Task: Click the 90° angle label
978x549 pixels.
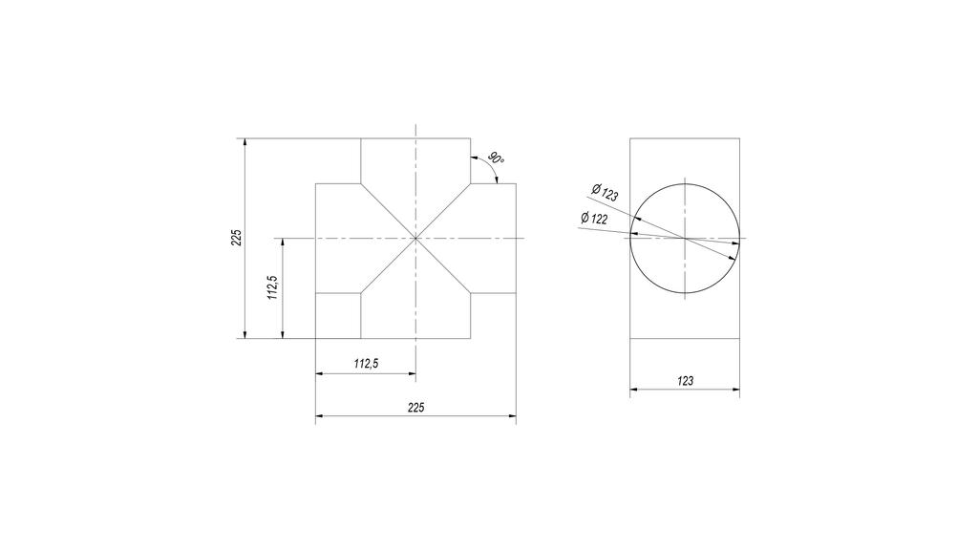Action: point(496,158)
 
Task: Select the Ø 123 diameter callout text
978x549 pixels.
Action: point(605,192)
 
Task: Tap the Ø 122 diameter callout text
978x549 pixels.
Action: point(594,219)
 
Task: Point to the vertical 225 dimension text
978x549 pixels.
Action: point(237,238)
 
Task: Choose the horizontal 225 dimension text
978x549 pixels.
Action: point(416,408)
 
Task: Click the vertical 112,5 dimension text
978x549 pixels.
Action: point(273,287)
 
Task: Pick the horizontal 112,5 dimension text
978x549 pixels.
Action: point(366,364)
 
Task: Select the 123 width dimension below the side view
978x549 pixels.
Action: point(685,381)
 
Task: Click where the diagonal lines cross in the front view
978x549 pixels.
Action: point(416,239)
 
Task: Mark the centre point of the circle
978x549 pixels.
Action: point(685,239)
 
